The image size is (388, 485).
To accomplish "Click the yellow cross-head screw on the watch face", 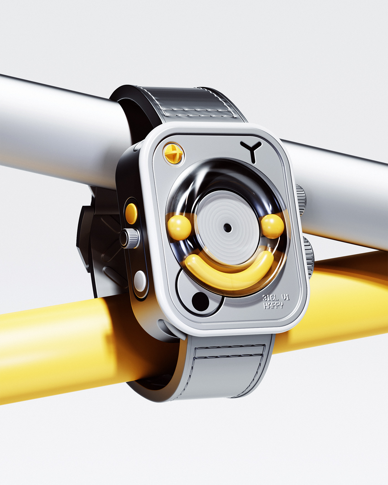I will [x=173, y=153].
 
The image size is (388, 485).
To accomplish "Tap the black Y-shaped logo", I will [x=251, y=150].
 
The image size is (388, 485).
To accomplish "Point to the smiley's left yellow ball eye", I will [x=179, y=228].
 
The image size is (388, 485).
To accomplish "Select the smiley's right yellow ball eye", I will [x=273, y=226].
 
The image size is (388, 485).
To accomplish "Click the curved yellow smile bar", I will [x=229, y=272].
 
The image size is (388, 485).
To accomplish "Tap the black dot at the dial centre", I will [x=228, y=228].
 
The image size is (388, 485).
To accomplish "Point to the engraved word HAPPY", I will [x=273, y=305].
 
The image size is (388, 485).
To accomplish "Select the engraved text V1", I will [x=285, y=297].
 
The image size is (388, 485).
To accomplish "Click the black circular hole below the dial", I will [x=200, y=302].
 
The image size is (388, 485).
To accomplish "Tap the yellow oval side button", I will [x=131, y=214].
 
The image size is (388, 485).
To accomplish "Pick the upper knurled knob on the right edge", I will [x=301, y=200].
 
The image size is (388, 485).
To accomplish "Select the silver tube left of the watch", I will [x=55, y=130].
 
